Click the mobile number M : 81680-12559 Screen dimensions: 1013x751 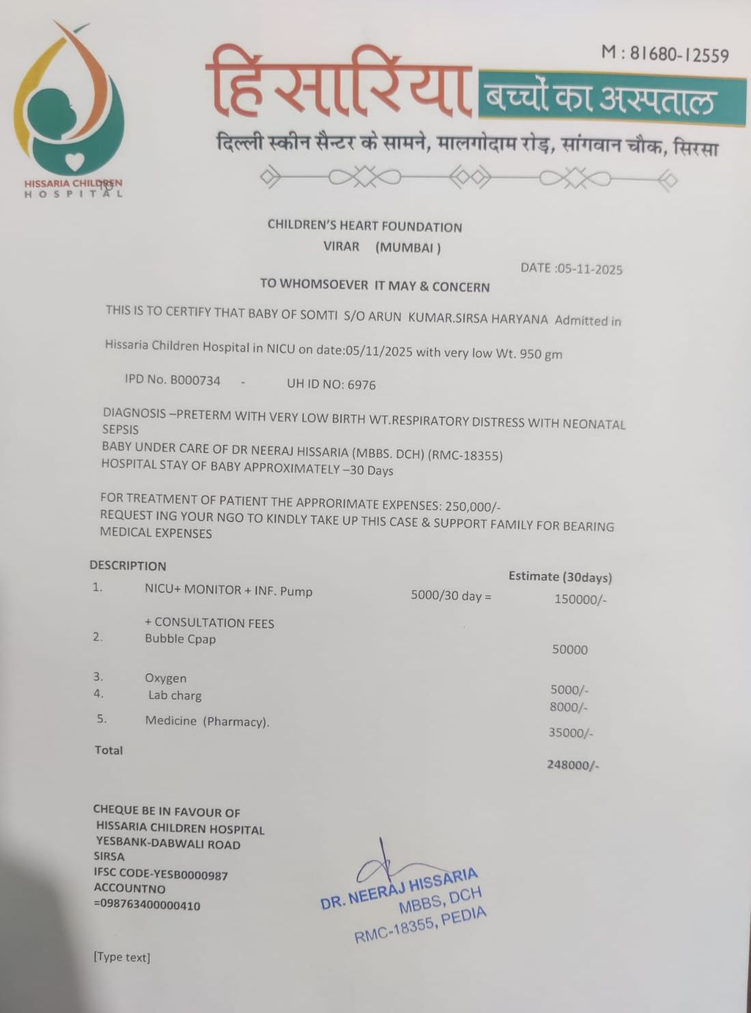664,54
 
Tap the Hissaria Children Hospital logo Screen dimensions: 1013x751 70,109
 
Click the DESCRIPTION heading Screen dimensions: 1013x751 128,566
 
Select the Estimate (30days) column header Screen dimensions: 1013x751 560,577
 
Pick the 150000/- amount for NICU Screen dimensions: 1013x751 580,600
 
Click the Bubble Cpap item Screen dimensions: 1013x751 180,639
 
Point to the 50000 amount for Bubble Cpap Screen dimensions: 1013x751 570,650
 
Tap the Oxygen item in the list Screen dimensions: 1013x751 165,678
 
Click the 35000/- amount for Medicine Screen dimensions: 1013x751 571,733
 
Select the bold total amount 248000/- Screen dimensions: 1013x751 573,765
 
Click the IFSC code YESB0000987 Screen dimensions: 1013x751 161,874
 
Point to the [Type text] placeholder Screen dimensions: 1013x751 122,957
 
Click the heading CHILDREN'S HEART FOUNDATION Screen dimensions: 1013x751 364,226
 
